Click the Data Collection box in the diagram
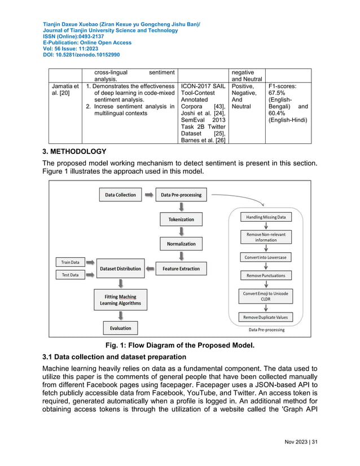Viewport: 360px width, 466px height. tap(121, 195)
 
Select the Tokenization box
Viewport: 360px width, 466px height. tap(181, 219)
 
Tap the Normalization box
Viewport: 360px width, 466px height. tap(181, 244)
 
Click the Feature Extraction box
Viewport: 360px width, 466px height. tap(181, 269)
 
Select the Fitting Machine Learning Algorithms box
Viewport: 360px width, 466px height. tap(121, 300)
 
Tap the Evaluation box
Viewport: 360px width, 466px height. tap(121, 328)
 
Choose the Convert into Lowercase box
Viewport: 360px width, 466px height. tap(265, 257)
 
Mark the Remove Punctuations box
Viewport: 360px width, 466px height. tap(265, 275)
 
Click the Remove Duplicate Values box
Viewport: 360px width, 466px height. tap(265, 317)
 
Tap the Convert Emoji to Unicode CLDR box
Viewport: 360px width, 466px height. tap(265, 296)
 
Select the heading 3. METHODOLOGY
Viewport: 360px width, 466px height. tap(74, 151)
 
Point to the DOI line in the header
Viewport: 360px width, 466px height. tap(81, 55)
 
